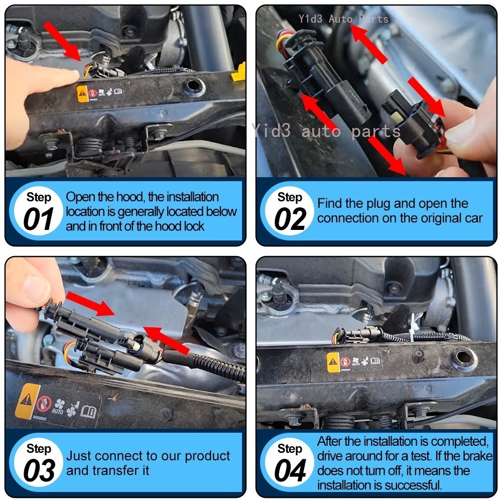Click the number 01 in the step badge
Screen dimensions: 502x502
(x=38, y=219)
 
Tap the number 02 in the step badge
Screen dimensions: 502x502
(x=290, y=219)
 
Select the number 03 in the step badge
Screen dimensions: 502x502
(x=39, y=470)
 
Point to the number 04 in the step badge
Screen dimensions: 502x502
(x=290, y=470)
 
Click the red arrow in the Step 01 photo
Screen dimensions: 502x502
(x=62, y=41)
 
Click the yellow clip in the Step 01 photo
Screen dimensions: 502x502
(x=238, y=73)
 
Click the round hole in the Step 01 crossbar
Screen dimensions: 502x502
(x=193, y=86)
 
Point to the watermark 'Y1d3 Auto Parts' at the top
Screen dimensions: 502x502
(x=343, y=19)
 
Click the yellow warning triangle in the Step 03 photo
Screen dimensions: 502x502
(x=26, y=400)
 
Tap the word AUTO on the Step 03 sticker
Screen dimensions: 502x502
(x=57, y=411)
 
